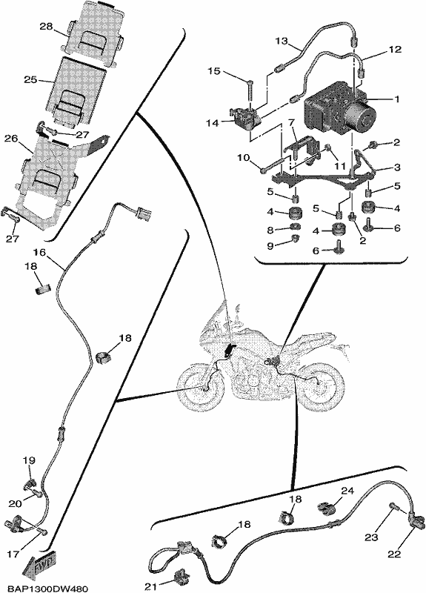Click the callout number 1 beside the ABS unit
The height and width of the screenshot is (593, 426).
pos(396,99)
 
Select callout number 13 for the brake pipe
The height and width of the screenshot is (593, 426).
pos(282,41)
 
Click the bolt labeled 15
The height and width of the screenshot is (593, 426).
pos(250,89)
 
